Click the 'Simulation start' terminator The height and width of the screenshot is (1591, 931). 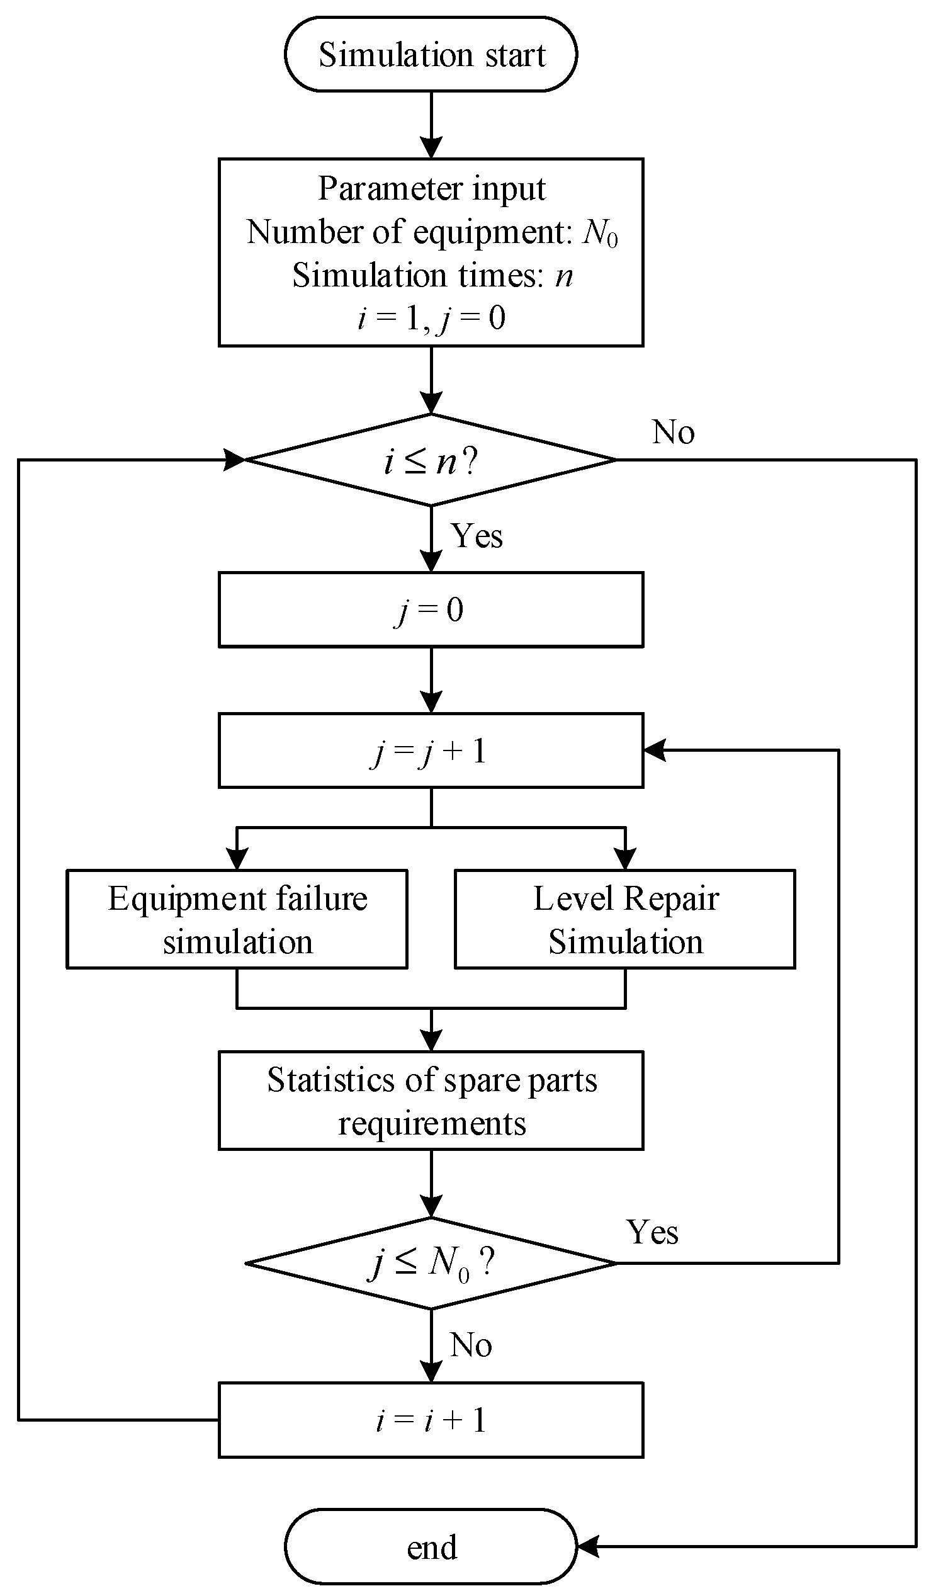click(431, 54)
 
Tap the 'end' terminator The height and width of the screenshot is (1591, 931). click(431, 1547)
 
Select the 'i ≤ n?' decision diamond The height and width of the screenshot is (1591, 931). click(431, 460)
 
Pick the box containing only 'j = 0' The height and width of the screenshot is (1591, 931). click(431, 610)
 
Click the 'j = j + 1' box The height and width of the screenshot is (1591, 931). click(431, 750)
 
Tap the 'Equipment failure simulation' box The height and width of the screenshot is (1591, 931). click(237, 919)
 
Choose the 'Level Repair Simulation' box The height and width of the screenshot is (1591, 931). click(625, 919)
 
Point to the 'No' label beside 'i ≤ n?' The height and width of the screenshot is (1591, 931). click(673, 433)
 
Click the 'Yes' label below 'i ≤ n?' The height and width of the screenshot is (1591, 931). click(477, 536)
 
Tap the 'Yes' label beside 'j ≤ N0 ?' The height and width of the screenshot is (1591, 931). click(652, 1231)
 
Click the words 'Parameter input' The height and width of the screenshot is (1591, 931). click(432, 188)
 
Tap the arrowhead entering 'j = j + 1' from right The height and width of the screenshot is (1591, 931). click(654, 750)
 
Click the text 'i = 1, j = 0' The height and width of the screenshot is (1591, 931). click(432, 317)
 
